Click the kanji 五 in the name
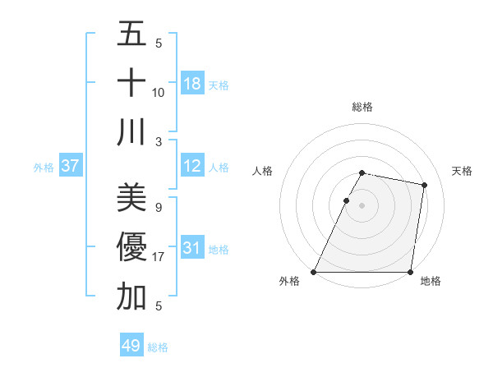(x=131, y=34)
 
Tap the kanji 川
(x=131, y=131)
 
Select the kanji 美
(x=131, y=197)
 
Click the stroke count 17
(x=159, y=257)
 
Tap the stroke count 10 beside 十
(x=159, y=92)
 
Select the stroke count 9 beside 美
(x=158, y=207)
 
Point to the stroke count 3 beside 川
(x=158, y=141)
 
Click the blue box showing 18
(x=191, y=84)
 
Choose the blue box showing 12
(x=191, y=167)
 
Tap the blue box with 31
(x=191, y=248)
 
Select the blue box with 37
(x=71, y=166)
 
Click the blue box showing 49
(x=131, y=346)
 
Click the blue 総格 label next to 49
(x=158, y=347)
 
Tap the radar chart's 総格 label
(x=362, y=108)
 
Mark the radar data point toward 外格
(x=314, y=272)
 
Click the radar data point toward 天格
(x=425, y=186)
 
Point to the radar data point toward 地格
(x=410, y=272)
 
